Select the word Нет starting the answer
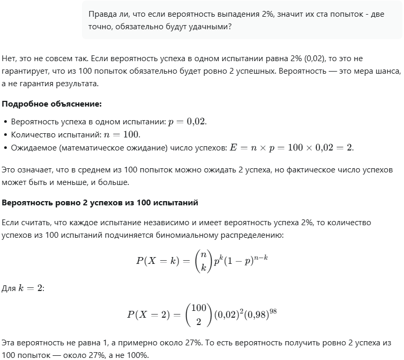tap(9, 59)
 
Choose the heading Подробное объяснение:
tap(52, 103)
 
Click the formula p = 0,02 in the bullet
tap(187, 121)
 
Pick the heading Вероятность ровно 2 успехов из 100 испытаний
tap(100, 202)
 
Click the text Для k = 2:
tap(23, 288)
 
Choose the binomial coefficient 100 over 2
tap(198, 315)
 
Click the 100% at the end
tap(138, 355)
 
